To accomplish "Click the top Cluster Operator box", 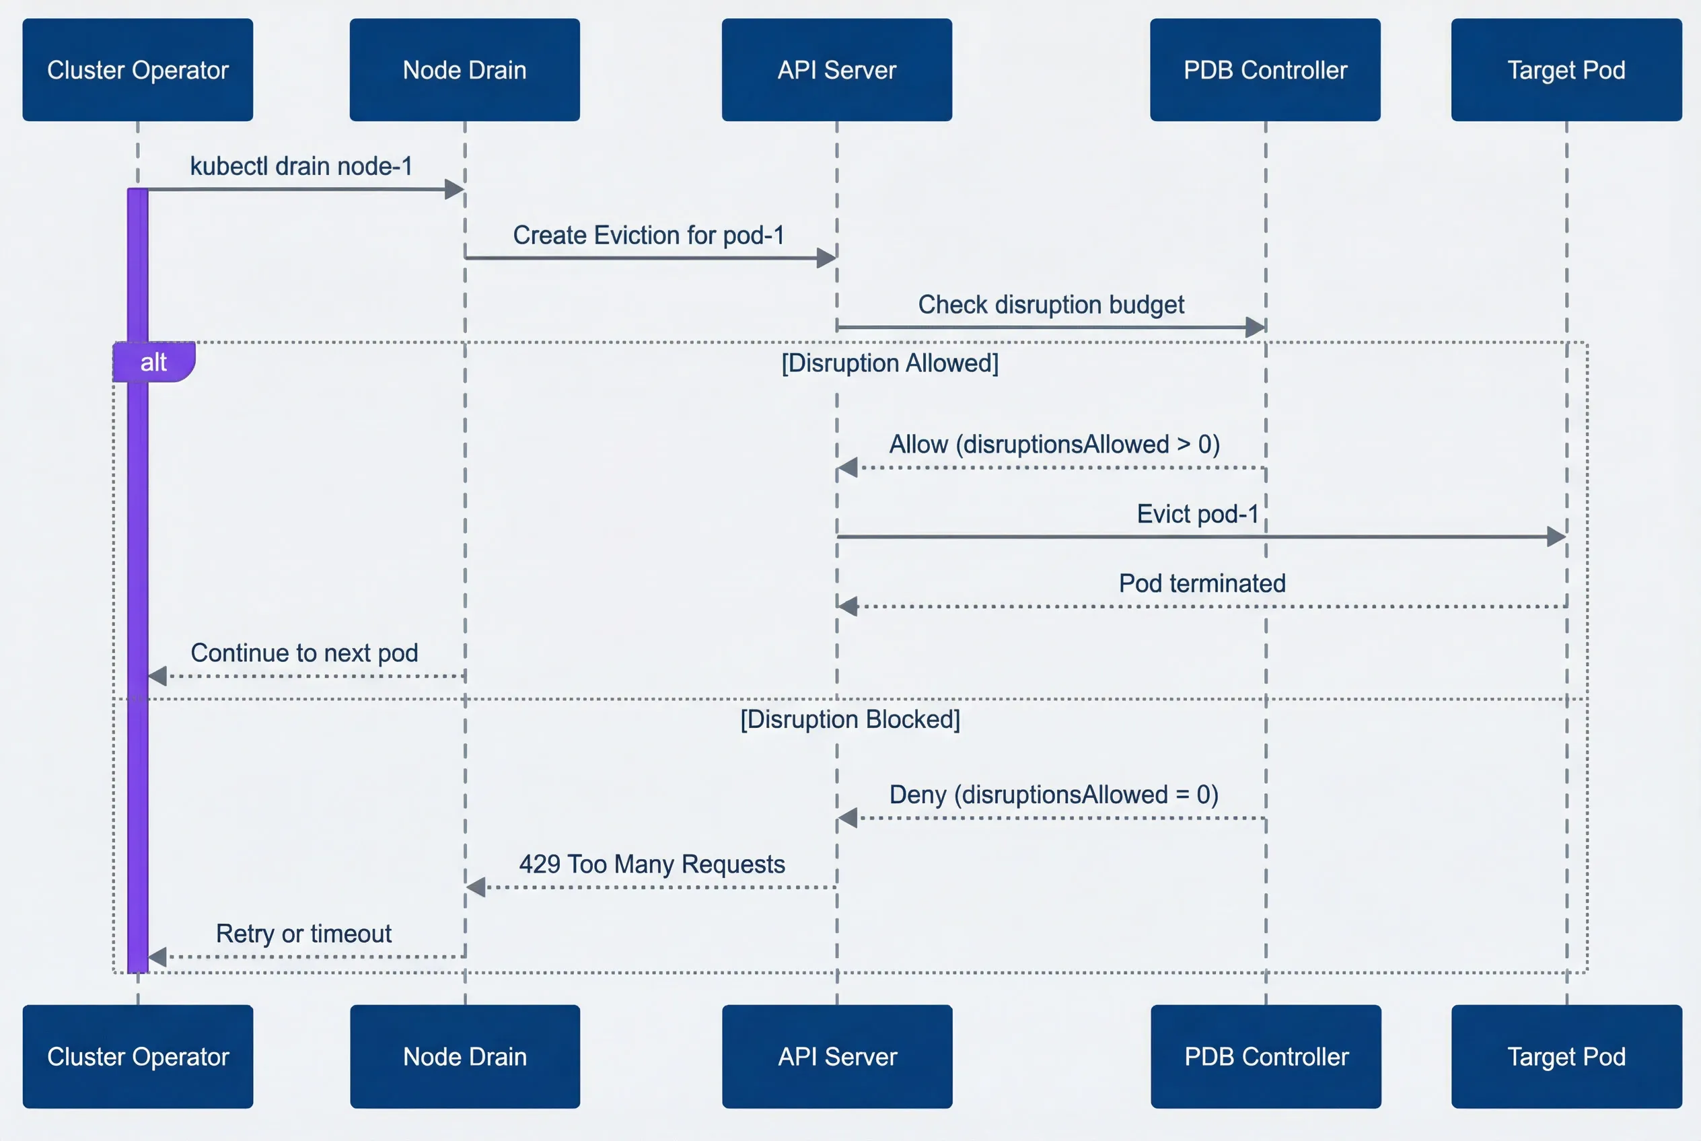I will click(x=137, y=70).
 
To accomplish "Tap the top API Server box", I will click(x=836, y=70).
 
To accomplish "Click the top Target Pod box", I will click(x=1566, y=70).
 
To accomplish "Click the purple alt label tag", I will click(x=153, y=362).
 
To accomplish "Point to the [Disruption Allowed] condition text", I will click(x=890, y=363).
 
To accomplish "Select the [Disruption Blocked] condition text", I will click(x=849, y=719).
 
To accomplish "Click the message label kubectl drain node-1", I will click(x=301, y=166).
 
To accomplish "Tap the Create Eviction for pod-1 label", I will click(x=649, y=235).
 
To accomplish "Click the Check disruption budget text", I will click(x=1050, y=304).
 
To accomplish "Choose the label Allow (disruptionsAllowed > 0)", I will click(x=1054, y=444).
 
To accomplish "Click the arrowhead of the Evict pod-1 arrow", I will click(x=1556, y=537).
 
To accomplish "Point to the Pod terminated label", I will click(x=1202, y=583).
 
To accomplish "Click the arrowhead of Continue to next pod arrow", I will click(x=158, y=676).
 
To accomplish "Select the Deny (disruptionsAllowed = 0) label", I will click(x=1053, y=794).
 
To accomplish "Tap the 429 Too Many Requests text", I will click(x=651, y=864).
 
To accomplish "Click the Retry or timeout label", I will click(x=303, y=933).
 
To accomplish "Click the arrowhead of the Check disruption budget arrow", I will click(x=1255, y=328).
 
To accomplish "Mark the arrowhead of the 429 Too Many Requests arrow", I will click(x=476, y=887).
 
